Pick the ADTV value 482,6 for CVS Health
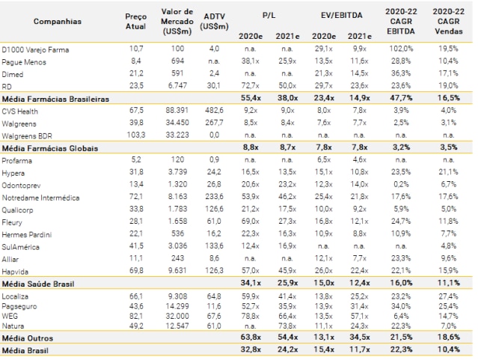(x=216, y=111)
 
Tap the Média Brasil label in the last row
(x=26, y=350)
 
